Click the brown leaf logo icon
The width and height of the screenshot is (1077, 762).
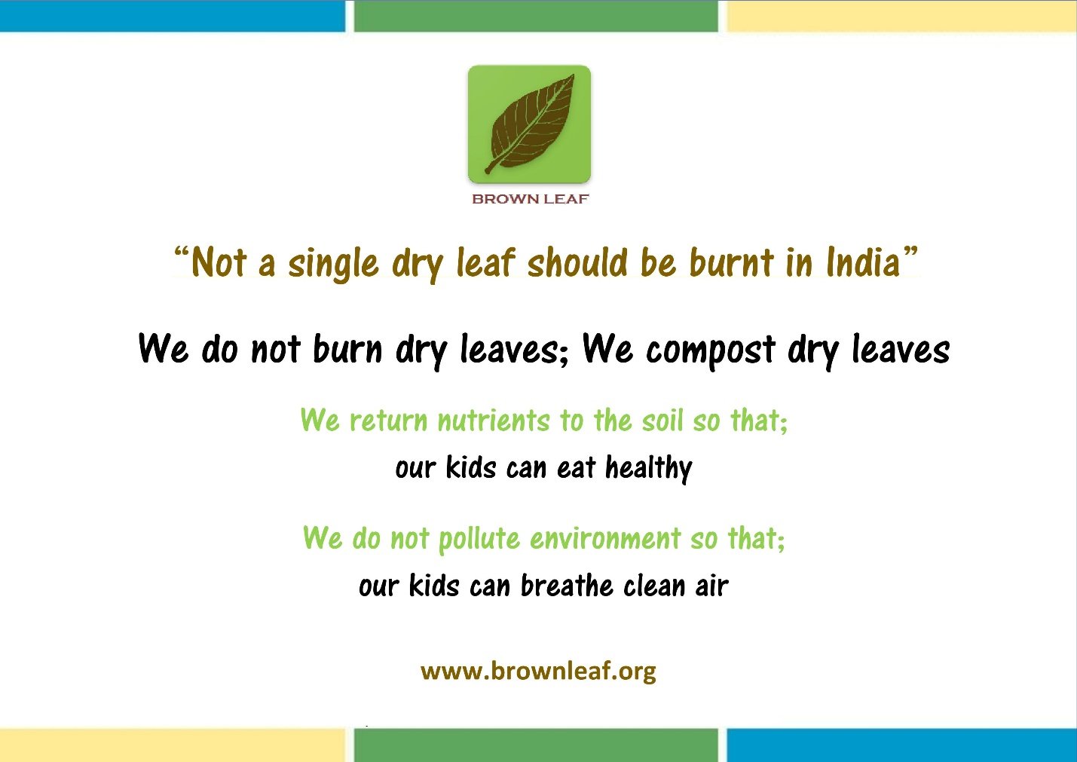[x=529, y=124]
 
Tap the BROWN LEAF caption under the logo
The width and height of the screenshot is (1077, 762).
[x=531, y=199]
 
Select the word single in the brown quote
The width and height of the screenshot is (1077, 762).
[x=332, y=265]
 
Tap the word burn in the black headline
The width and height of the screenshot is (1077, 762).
[x=347, y=348]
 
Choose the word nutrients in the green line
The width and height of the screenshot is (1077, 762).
[x=494, y=420]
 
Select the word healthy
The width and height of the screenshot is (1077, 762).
[x=649, y=468]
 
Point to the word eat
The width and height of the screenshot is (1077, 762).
[x=576, y=468]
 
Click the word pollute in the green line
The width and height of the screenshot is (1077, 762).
[x=479, y=539]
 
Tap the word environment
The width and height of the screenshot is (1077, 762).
[x=605, y=538]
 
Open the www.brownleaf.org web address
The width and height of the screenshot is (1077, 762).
[x=538, y=671]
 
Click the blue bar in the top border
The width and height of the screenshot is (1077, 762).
[x=173, y=16]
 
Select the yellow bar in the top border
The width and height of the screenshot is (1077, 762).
[x=901, y=16]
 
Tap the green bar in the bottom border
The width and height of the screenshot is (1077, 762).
[x=536, y=745]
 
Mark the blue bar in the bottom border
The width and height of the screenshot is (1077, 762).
[x=901, y=745]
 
